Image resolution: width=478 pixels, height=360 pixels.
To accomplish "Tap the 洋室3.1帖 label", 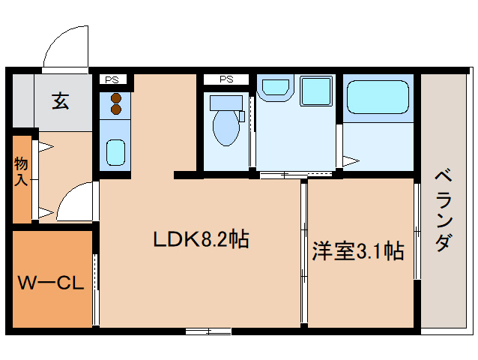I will [358, 250].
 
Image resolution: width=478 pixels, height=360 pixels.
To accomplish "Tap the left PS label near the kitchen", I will [112, 79].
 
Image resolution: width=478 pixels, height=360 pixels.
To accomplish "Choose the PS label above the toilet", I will [226, 79].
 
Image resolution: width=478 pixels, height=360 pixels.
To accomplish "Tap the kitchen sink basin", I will [115, 153].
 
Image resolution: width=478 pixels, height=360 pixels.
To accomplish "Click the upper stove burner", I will [115, 97].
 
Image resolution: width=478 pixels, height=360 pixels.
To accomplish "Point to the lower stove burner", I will [115, 109].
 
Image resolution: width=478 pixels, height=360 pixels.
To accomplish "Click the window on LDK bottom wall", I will [208, 330].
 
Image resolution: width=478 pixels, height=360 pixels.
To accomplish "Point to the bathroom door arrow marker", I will [351, 160].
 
